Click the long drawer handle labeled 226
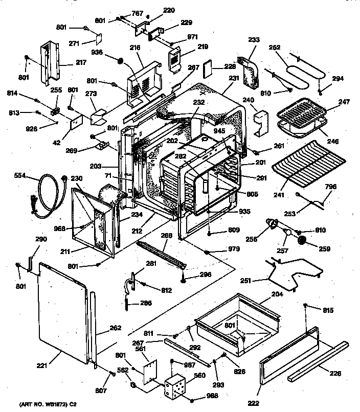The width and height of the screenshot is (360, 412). pyautogui.click(x=317, y=362)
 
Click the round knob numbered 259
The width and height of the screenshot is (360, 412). pyautogui.click(x=302, y=240)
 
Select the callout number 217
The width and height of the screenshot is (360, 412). pyautogui.click(x=67, y=63)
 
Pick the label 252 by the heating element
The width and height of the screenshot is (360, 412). pyautogui.click(x=275, y=48)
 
